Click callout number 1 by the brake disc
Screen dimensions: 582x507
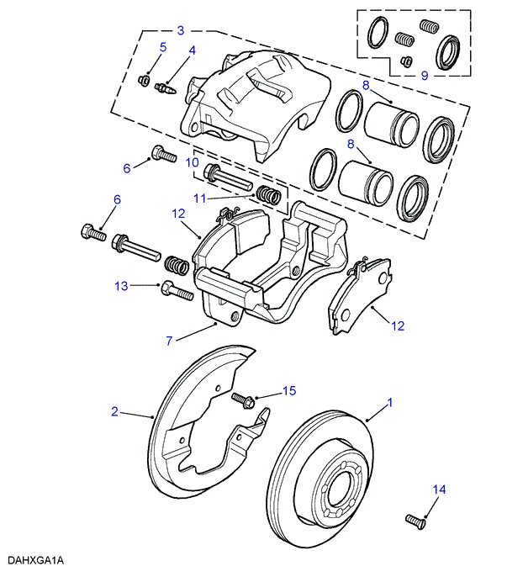click(390, 403)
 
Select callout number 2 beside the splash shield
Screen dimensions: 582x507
click(115, 412)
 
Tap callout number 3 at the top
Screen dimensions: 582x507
click(180, 31)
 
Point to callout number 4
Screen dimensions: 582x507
click(192, 51)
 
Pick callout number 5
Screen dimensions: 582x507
click(162, 47)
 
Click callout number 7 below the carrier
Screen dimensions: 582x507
click(170, 341)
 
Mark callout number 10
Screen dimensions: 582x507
click(192, 161)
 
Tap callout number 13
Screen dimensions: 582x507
click(121, 286)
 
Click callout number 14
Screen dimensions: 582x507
click(439, 489)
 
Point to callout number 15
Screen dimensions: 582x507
click(289, 390)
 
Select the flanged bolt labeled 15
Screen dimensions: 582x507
click(244, 400)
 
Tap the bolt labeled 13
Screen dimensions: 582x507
click(177, 291)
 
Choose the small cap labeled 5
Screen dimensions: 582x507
click(144, 80)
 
